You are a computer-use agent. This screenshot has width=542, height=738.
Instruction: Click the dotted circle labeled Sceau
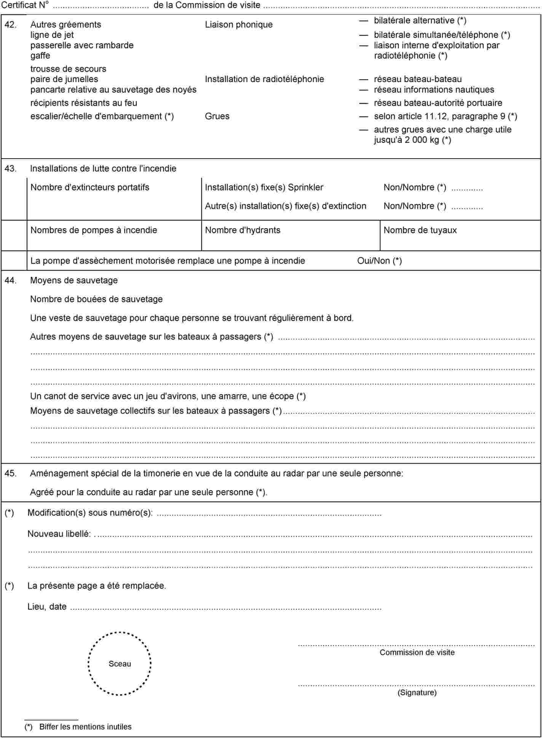tap(120, 663)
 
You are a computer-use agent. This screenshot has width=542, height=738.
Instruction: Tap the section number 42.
tap(10, 25)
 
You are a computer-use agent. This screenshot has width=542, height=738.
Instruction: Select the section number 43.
tap(10, 168)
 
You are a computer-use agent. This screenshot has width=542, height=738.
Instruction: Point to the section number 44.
tap(10, 281)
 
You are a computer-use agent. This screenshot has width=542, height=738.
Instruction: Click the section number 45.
tap(10, 473)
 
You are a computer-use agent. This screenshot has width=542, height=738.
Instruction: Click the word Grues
tap(217, 116)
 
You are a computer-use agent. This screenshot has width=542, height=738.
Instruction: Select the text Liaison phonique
tap(239, 25)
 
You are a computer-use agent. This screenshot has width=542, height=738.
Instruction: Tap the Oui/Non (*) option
tap(379, 261)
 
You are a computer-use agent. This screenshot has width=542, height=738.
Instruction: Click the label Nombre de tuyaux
tap(420, 230)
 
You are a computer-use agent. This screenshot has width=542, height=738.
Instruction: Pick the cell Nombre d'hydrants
tap(242, 230)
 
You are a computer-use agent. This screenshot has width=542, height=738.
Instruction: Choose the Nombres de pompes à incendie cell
tap(94, 230)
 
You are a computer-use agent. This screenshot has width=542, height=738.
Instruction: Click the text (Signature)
tap(417, 692)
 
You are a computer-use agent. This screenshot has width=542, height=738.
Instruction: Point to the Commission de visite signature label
tap(417, 652)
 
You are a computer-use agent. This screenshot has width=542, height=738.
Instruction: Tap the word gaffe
tap(40, 56)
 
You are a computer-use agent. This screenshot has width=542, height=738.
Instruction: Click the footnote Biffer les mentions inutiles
tap(85, 727)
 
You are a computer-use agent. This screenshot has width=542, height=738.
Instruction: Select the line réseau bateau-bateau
tap(418, 79)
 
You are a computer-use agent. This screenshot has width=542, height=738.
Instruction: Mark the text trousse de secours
tap(68, 69)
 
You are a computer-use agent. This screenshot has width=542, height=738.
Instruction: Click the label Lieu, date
tap(47, 606)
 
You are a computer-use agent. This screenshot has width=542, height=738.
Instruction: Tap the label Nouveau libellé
tap(59, 534)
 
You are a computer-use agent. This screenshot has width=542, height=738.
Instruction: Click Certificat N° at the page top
tap(25, 5)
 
